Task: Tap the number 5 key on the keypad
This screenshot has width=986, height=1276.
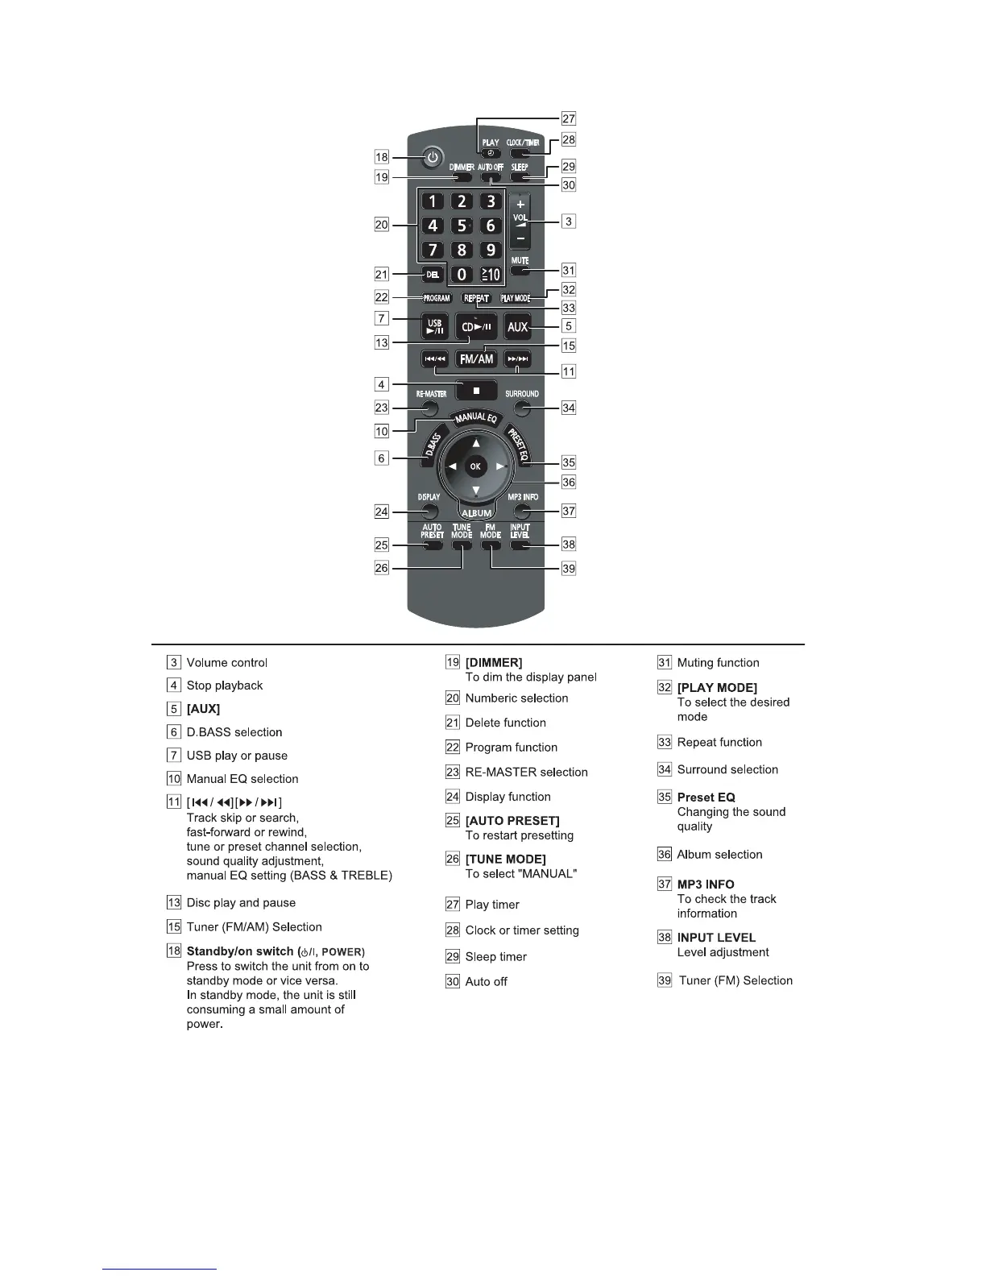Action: [462, 226]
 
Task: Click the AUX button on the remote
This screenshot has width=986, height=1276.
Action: [517, 326]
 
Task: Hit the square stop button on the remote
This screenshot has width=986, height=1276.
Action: [476, 391]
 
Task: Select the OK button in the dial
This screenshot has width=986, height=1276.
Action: [475, 466]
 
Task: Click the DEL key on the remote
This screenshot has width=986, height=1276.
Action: [433, 275]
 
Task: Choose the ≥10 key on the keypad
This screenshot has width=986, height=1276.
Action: [490, 275]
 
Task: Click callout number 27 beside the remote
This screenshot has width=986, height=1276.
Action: [569, 118]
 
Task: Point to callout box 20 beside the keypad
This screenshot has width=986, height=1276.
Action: [382, 225]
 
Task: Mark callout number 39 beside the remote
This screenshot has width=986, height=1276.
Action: [569, 568]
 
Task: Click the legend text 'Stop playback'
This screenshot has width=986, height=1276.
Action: [225, 686]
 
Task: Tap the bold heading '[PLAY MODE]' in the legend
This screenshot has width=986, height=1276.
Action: [717, 688]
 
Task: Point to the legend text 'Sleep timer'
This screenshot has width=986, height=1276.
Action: [496, 957]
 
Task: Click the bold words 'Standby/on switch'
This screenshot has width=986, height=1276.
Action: [240, 951]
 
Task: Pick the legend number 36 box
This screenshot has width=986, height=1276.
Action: [665, 855]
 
